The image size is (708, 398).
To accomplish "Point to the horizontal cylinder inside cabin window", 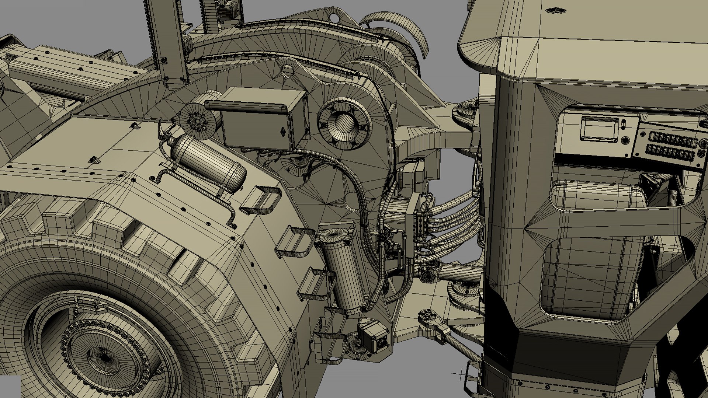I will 597,195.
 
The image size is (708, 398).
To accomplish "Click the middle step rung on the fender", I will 293,241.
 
